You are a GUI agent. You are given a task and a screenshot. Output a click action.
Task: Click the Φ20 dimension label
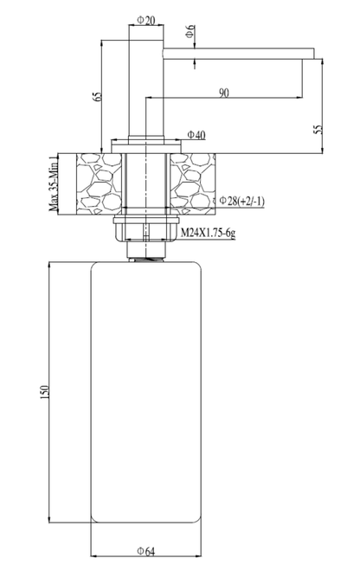[145, 21]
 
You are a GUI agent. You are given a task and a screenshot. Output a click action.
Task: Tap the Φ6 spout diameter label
[190, 31]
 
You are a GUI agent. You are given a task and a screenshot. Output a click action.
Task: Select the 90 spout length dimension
[224, 93]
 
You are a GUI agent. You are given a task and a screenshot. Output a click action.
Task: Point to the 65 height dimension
[97, 97]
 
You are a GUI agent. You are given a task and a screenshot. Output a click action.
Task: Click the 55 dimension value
[318, 129]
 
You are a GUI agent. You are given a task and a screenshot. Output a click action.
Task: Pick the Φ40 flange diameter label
[196, 135]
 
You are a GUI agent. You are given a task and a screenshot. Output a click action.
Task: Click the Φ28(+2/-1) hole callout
[242, 201]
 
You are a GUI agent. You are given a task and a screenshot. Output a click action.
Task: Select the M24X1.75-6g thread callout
[208, 233]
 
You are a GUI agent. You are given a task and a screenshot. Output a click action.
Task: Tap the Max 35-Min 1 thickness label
[53, 183]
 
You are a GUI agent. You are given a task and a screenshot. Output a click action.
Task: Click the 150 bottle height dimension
[44, 391]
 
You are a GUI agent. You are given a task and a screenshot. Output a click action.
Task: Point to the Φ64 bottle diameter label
[145, 552]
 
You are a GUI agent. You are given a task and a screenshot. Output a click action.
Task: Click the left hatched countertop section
[99, 183]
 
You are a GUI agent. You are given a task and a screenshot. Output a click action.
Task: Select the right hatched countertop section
[192, 183]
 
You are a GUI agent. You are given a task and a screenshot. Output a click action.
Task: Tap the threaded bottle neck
[145, 260]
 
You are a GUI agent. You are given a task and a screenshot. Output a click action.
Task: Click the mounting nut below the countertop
[145, 228]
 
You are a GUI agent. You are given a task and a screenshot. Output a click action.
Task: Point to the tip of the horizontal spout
[314, 53]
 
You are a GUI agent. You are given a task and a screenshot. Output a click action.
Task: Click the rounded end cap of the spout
[164, 53]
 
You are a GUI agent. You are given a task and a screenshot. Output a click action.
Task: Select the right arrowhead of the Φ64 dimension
[197, 556]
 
